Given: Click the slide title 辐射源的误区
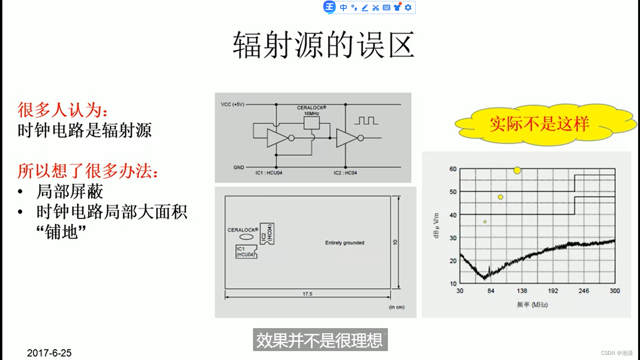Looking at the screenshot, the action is (x=323, y=45).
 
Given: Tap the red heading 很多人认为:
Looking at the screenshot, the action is (x=63, y=110).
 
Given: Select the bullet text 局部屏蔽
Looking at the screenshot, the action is (x=69, y=192).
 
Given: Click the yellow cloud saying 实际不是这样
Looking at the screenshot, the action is (x=539, y=124).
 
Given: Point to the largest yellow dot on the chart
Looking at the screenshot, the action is (x=517, y=170).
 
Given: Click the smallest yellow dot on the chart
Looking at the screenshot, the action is (x=485, y=222).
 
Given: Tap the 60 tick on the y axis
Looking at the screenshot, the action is (x=453, y=169).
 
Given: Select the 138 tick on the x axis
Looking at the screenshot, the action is (x=521, y=291).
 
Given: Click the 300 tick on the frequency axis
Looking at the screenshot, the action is (x=615, y=291).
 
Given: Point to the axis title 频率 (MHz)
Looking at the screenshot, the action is (x=532, y=305).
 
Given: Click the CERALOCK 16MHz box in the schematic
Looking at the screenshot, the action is (x=312, y=122).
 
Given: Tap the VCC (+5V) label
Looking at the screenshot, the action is (x=232, y=104).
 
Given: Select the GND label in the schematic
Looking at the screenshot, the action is (x=238, y=167).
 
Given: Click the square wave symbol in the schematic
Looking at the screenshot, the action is (x=366, y=120).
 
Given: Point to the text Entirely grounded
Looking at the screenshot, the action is (x=344, y=243).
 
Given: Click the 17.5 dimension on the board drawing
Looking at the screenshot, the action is (x=307, y=294).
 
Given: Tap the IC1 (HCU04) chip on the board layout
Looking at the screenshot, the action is (x=246, y=252).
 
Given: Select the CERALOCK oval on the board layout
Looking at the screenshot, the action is (x=246, y=237).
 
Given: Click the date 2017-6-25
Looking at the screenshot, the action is (x=49, y=353).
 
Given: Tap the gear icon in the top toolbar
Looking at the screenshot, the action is (x=408, y=7).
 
